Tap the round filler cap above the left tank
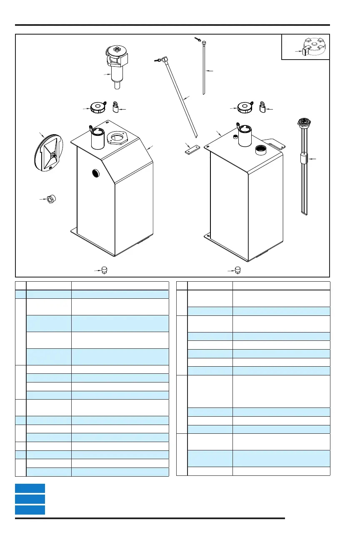point(97,108)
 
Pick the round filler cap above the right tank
point(244,107)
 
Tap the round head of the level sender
point(303,122)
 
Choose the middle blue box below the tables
point(30,499)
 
